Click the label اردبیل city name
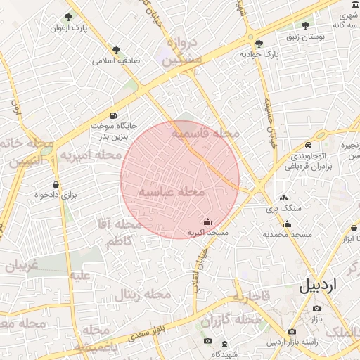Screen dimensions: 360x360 click(x=328, y=285)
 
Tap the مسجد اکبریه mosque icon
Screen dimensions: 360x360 click(x=207, y=221)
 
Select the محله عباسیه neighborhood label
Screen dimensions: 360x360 click(x=172, y=191)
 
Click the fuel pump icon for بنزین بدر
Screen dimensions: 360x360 click(x=113, y=115)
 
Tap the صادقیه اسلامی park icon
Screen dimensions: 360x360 click(x=115, y=50)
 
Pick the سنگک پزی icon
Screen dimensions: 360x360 click(x=283, y=198)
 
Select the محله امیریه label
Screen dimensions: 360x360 click(x=91, y=154)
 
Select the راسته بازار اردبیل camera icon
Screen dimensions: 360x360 click(x=292, y=332)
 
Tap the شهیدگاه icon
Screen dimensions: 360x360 click(x=224, y=344)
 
